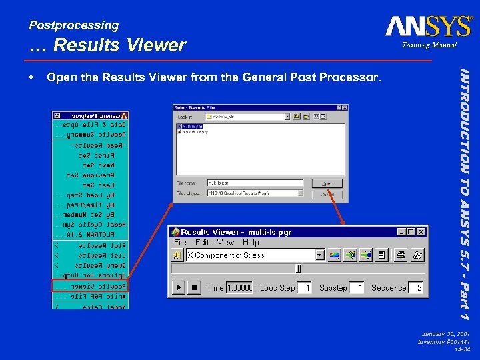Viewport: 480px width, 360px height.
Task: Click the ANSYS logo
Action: click(x=428, y=26)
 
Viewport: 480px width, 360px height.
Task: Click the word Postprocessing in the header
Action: click(x=74, y=25)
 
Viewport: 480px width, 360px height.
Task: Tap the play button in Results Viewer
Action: click(x=178, y=287)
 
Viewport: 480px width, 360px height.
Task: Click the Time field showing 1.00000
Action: click(x=239, y=287)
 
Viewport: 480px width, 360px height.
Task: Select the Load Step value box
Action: click(x=304, y=287)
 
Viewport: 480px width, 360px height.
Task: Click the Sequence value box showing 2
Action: click(x=416, y=287)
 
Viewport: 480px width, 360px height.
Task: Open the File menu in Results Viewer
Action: click(x=181, y=243)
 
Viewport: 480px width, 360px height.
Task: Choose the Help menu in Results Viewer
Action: click(x=251, y=243)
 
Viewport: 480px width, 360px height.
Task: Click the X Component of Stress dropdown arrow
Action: click(x=319, y=255)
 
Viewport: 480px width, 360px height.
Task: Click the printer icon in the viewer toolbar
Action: click(x=401, y=255)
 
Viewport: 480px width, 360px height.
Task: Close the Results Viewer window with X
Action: click(x=421, y=231)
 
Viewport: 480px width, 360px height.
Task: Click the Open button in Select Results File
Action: click(x=327, y=183)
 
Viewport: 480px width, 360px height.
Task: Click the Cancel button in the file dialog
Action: click(x=327, y=194)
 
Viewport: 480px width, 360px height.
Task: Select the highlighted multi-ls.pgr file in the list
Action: click(x=193, y=125)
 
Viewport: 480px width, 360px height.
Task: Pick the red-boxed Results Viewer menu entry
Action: click(x=91, y=286)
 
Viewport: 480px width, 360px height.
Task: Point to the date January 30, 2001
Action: click(x=446, y=333)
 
